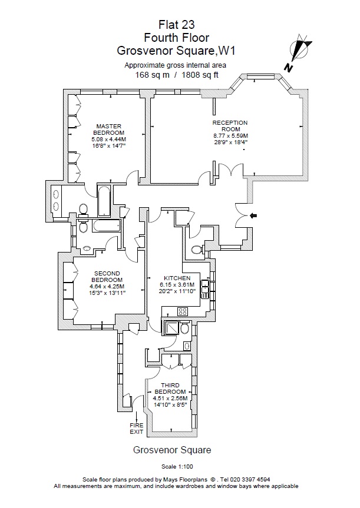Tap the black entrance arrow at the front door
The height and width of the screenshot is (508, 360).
point(253,216)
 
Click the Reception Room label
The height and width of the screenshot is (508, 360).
point(230,126)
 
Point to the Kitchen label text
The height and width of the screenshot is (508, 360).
point(177,278)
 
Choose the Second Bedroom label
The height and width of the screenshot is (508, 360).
point(107,277)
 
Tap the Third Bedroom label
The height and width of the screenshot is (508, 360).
point(170,389)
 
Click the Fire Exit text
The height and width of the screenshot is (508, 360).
point(137,428)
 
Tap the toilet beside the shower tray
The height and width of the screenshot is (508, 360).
point(185,328)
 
